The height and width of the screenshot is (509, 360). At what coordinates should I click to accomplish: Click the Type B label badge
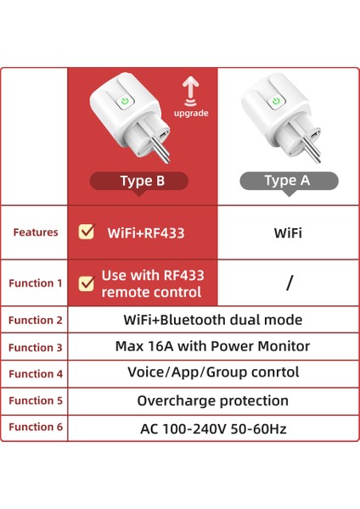[x=141, y=180]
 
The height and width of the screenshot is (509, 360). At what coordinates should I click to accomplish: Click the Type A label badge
[x=288, y=180]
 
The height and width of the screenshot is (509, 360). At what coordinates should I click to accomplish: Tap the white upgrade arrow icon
[x=190, y=88]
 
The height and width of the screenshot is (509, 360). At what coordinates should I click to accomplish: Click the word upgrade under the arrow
[x=190, y=113]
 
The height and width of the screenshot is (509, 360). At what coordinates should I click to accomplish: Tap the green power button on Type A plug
[x=275, y=102]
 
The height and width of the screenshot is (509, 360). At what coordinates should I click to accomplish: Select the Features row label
[x=36, y=232]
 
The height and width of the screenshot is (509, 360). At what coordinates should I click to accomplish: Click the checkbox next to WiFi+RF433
[x=86, y=232]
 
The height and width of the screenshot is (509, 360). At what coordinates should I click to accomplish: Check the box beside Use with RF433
[x=86, y=283]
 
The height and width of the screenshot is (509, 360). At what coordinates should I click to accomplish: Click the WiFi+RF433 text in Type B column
[x=145, y=232]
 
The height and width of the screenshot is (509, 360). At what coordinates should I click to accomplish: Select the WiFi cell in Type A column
[x=288, y=232]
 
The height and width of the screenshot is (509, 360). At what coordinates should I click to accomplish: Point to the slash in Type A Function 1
[x=289, y=283]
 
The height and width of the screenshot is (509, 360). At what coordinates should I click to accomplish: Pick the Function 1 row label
[x=36, y=283]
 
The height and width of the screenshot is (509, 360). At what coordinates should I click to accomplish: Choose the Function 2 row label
[x=36, y=320]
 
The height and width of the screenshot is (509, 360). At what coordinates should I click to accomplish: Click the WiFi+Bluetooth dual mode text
[x=213, y=320]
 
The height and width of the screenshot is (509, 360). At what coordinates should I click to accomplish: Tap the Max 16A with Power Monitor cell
[x=212, y=346]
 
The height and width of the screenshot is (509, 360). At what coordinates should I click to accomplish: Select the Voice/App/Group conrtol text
[x=213, y=373]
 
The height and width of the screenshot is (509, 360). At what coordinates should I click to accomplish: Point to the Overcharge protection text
[x=213, y=400]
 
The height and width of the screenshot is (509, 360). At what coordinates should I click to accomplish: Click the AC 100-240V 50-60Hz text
[x=213, y=428]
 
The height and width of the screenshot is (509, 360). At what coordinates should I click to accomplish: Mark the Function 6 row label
[x=36, y=428]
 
